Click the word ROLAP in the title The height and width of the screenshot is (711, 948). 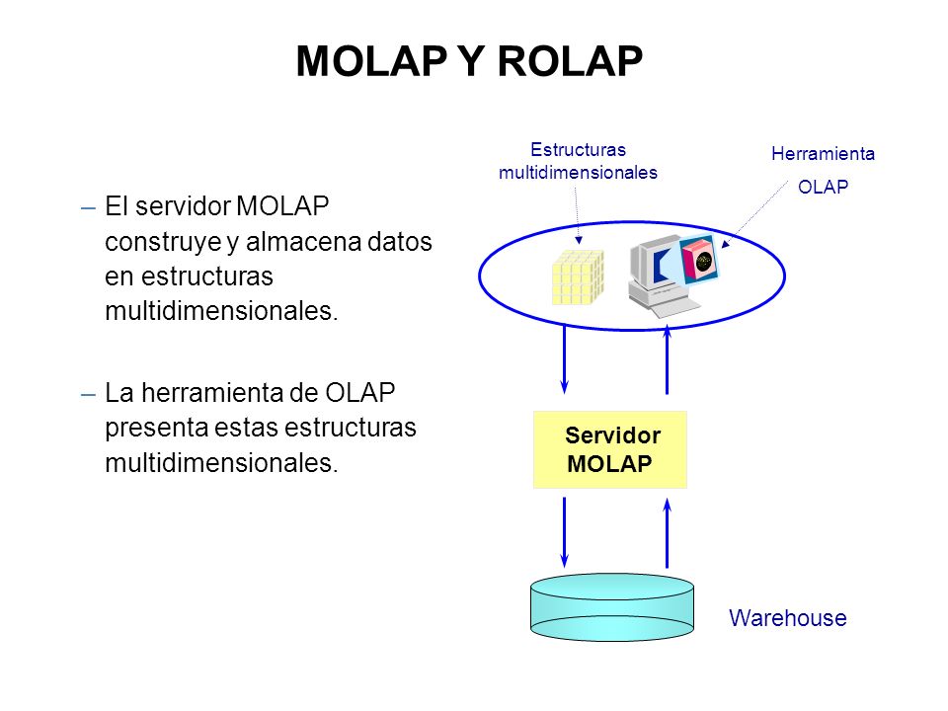pos(570,61)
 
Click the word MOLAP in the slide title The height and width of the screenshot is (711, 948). pos(371,61)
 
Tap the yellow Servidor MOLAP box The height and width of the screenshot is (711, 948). pos(610,450)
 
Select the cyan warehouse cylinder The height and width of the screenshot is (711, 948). pos(612,607)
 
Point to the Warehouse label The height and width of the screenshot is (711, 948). pos(788,618)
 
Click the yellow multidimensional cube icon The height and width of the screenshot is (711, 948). pos(578,276)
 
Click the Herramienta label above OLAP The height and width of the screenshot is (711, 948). pos(823,154)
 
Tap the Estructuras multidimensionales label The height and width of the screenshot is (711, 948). pos(578,161)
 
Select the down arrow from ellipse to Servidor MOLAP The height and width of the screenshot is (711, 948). pos(564,359)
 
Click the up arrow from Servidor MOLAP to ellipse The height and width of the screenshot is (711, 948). pos(667,359)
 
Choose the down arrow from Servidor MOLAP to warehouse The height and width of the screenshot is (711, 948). pos(564,532)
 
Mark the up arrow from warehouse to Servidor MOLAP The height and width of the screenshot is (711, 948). pos(667,532)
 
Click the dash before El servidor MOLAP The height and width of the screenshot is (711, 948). pos(88,208)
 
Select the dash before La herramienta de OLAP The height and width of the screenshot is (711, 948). pos(88,395)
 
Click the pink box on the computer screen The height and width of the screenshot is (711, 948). pos(699,260)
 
